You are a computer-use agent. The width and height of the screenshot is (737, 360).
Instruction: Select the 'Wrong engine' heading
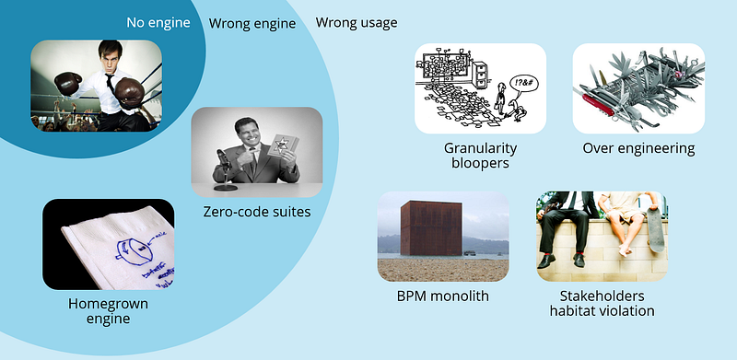(252, 23)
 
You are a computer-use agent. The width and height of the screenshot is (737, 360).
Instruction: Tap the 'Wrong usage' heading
(357, 22)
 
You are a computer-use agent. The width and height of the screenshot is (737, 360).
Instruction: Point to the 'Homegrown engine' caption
(108, 310)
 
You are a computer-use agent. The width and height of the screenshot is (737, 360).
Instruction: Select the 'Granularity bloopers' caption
(480, 156)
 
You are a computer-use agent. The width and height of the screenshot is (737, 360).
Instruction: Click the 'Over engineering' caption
(638, 147)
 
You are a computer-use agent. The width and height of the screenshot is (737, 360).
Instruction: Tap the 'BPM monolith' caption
(443, 296)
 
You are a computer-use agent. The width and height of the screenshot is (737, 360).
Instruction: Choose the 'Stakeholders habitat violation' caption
(602, 303)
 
